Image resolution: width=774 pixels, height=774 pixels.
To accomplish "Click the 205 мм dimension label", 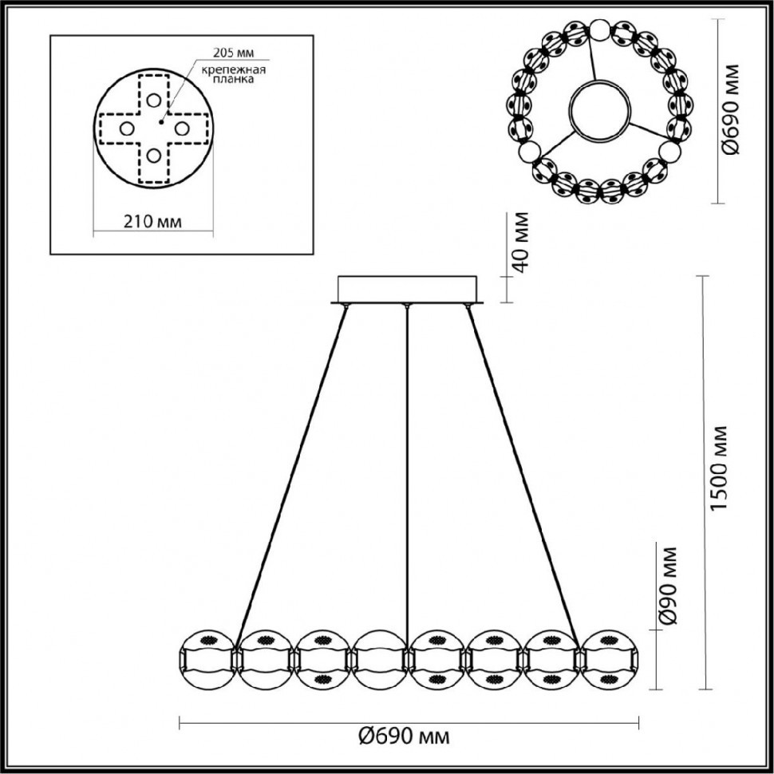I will point(233,53).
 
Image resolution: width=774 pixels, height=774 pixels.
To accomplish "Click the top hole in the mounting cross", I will point(153,100).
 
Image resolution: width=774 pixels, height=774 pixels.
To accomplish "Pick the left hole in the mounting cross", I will point(126,128).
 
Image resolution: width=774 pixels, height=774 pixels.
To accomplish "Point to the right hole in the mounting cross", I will point(181,128).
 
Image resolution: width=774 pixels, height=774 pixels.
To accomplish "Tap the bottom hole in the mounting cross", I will point(153,156).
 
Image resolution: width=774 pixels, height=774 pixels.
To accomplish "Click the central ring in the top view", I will point(600,111).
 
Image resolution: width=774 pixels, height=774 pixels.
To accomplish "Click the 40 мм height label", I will point(519,243).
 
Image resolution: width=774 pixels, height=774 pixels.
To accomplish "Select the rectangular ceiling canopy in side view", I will point(407,289).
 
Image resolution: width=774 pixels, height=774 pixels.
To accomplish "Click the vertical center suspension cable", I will point(407,479).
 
